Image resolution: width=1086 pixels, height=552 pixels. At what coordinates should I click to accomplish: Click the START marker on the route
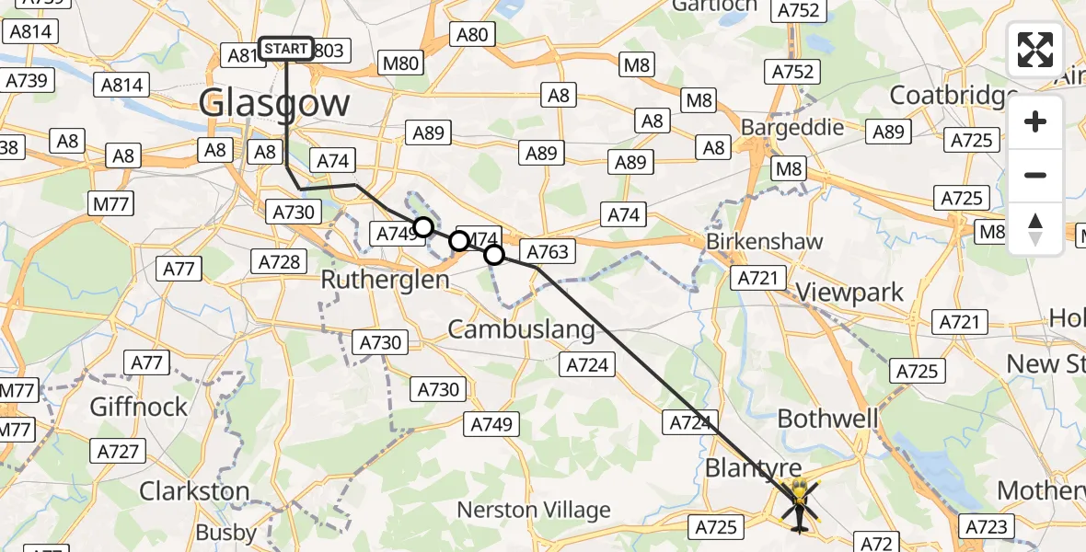point(286,48)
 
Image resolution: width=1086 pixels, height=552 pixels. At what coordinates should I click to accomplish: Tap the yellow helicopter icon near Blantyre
point(798,505)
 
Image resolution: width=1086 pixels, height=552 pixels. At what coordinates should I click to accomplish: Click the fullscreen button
point(1035,50)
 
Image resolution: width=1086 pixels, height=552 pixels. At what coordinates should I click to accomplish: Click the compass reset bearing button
point(1035,229)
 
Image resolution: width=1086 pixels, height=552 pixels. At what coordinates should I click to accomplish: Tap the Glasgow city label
point(274,102)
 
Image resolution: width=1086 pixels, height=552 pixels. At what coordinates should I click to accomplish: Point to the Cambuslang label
point(521,328)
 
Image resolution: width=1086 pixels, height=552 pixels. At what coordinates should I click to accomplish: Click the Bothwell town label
point(827,419)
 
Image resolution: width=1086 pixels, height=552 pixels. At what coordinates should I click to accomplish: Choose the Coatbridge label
point(953,96)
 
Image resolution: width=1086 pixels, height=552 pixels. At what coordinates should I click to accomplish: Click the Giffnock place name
point(138,406)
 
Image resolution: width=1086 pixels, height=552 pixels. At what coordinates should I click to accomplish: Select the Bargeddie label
point(792,127)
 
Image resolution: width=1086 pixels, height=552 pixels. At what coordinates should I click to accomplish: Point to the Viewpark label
point(849,292)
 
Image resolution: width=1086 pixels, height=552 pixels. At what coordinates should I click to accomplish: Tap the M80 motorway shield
point(400,63)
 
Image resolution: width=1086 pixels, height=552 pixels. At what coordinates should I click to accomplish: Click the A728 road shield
point(279,262)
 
